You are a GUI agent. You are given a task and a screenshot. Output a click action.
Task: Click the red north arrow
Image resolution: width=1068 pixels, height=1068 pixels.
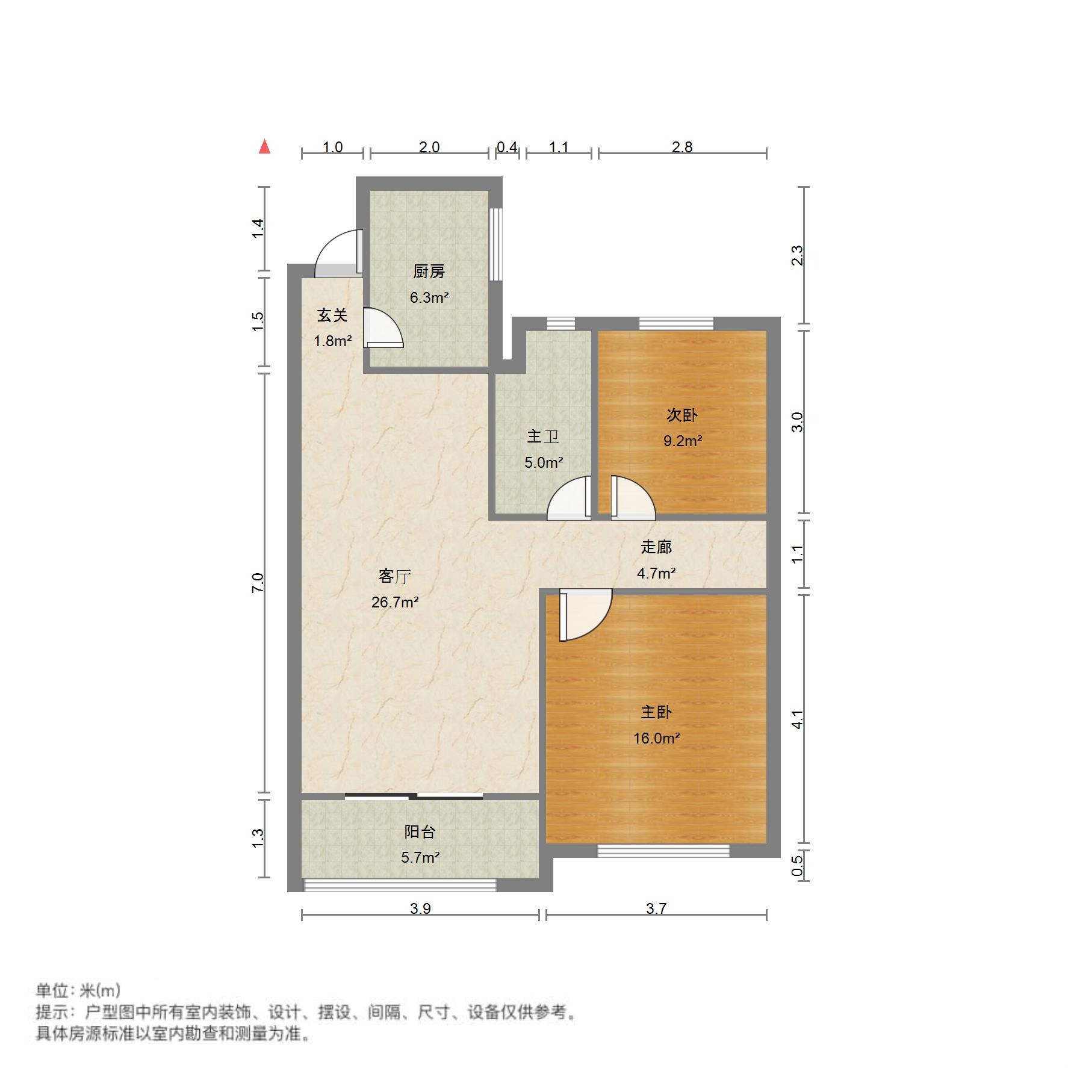(x=264, y=147)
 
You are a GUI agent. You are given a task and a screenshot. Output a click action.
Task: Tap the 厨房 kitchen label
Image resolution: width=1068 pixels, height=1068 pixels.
(x=429, y=272)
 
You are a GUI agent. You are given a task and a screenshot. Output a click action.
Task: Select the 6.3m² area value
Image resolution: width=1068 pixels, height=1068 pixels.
(x=429, y=297)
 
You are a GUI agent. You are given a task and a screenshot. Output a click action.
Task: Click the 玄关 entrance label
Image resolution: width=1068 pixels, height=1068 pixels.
(x=332, y=315)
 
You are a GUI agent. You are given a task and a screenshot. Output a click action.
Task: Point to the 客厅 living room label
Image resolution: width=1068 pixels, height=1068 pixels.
(x=395, y=576)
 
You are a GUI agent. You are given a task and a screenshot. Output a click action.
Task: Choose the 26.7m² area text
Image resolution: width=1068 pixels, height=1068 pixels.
(x=395, y=602)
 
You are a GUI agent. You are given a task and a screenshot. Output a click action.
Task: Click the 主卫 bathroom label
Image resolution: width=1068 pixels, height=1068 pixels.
(x=543, y=436)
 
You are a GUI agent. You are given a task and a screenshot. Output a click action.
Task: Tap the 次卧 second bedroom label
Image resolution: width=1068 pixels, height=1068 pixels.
(x=682, y=415)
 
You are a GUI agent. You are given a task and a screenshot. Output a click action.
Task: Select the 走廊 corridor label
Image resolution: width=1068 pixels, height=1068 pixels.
(x=656, y=547)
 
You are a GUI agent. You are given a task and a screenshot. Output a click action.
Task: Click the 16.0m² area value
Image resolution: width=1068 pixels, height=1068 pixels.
(x=656, y=738)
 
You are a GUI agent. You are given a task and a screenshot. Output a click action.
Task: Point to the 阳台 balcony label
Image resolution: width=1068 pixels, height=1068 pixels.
(x=420, y=831)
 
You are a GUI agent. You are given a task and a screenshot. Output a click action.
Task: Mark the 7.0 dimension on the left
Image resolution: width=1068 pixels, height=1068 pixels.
(x=258, y=583)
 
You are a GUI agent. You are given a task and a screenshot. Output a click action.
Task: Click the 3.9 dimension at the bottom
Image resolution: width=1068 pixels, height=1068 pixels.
(x=420, y=908)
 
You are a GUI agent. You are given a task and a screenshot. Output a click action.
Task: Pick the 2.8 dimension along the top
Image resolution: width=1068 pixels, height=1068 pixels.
(x=682, y=147)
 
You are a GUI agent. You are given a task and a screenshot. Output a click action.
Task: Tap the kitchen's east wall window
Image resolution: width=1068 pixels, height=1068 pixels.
(x=495, y=244)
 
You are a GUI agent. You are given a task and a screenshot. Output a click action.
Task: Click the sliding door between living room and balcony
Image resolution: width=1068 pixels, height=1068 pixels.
(x=414, y=796)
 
